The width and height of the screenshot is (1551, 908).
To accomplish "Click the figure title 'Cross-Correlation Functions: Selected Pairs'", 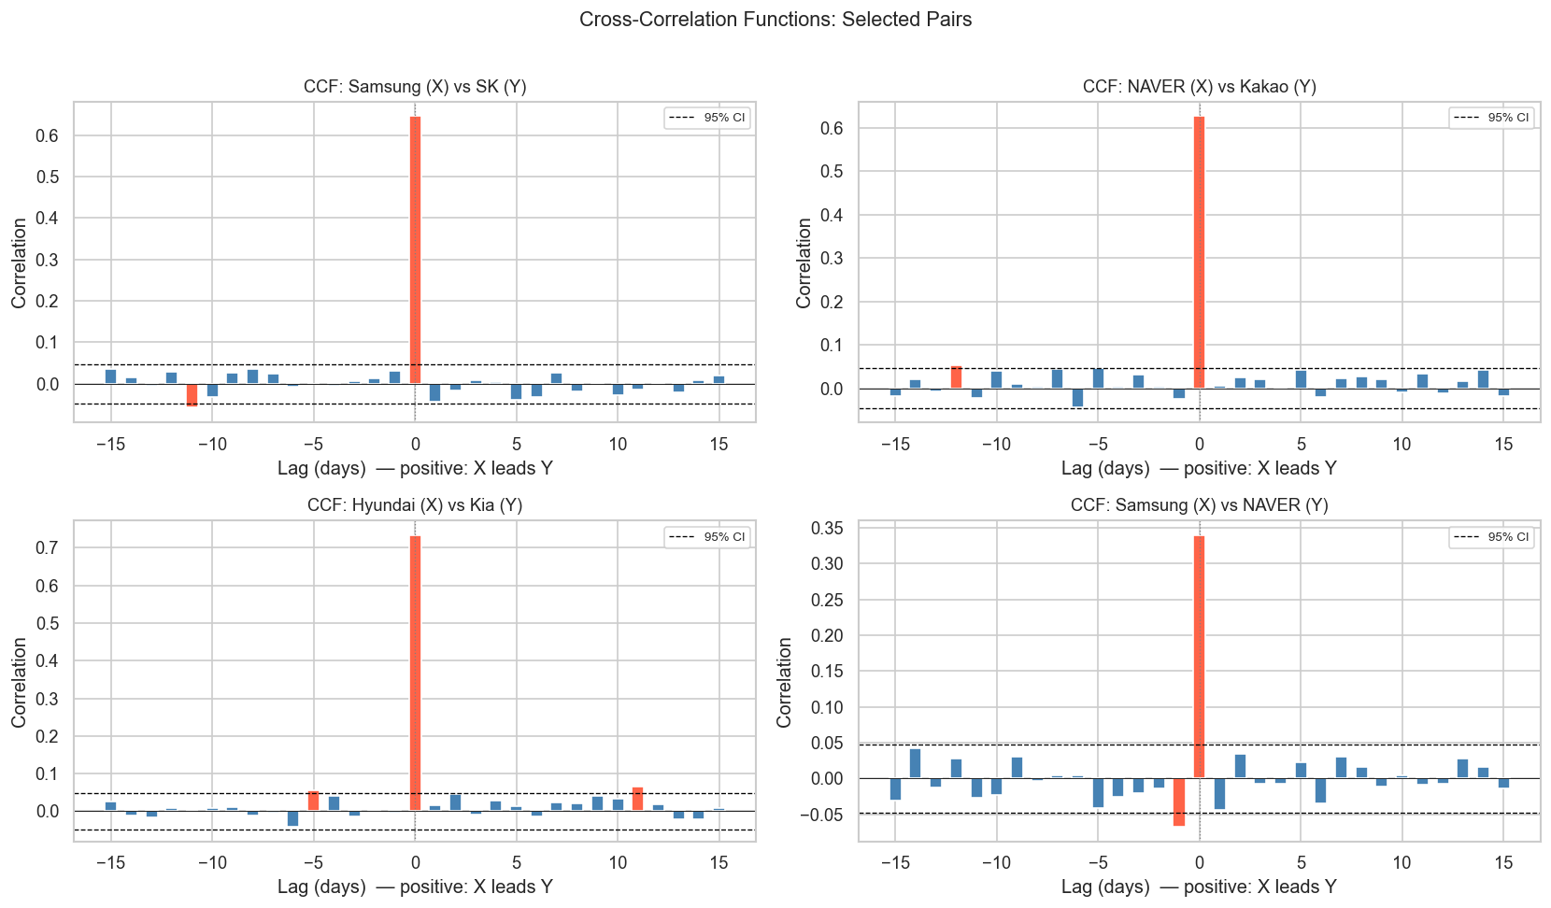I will click(775, 20).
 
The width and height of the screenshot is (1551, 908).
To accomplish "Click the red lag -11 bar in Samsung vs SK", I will click(192, 394).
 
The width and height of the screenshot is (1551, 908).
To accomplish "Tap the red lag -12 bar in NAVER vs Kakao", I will click(956, 377).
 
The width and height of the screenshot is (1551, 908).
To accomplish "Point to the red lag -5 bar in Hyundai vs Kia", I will click(314, 801).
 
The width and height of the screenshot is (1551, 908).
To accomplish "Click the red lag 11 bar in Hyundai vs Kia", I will click(637, 799).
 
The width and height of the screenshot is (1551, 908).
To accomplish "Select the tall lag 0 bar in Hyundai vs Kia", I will click(415, 673).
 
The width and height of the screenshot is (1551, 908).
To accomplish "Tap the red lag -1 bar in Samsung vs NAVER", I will click(1179, 802).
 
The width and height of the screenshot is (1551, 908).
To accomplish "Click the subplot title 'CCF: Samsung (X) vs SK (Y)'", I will click(415, 87).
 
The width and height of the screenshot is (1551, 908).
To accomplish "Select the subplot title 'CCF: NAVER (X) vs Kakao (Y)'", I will click(1199, 87).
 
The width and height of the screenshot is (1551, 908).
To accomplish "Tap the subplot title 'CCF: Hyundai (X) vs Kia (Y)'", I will click(415, 505).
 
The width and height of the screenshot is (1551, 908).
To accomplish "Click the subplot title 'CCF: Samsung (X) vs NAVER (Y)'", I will click(1199, 505).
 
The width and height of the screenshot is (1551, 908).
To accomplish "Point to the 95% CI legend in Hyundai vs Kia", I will click(707, 537).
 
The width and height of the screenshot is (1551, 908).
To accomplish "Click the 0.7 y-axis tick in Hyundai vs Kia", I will click(47, 548).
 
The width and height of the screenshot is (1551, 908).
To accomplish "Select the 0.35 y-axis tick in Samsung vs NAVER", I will click(825, 529).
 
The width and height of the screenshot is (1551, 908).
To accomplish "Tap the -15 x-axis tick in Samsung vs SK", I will click(110, 445).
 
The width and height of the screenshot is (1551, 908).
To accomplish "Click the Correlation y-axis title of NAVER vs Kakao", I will click(804, 262).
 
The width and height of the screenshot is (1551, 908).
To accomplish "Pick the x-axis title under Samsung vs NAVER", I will click(1199, 887).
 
